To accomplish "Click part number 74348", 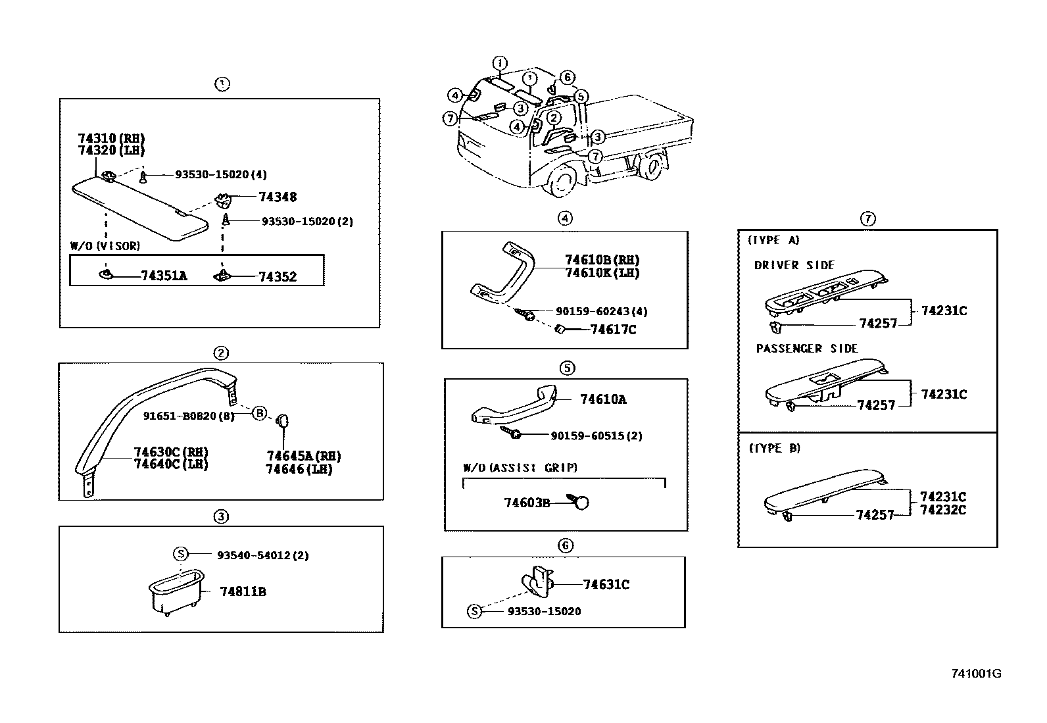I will (x=277, y=197).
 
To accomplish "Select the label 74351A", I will (x=164, y=276).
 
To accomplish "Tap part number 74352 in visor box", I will (x=277, y=277).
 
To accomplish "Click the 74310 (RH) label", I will (x=111, y=138).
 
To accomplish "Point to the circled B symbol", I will (x=260, y=413).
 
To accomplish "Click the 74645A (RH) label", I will (x=303, y=456).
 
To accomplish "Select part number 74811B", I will (x=243, y=591).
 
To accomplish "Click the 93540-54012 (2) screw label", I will (x=262, y=555).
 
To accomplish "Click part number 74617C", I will (x=613, y=330).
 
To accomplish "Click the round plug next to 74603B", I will (x=581, y=503).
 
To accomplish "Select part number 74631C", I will (x=606, y=584).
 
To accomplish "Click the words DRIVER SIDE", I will (x=794, y=265).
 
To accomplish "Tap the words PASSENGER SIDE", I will (x=807, y=349).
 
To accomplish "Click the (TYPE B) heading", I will (x=775, y=448).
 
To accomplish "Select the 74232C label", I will (x=943, y=510).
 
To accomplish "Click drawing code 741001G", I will (x=976, y=674).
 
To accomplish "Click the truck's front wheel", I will (x=562, y=182).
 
